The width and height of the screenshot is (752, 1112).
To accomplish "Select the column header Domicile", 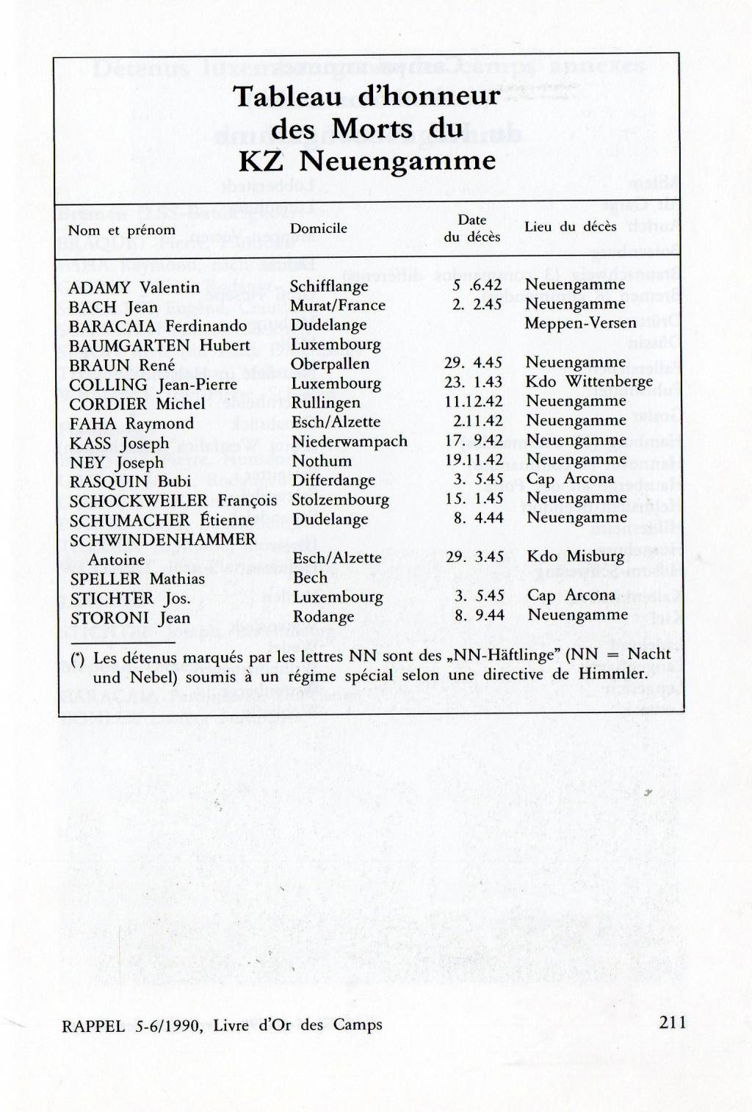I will point(318,228).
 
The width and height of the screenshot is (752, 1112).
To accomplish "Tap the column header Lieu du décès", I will point(570,227).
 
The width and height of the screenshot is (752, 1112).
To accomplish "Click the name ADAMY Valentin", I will point(134,287).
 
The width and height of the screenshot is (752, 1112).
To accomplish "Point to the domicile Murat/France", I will point(338,306).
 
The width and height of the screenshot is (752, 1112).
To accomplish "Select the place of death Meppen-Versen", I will point(580,323).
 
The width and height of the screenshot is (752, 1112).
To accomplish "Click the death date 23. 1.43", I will point(473,382).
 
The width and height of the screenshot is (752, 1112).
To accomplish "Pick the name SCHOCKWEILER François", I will point(173,500).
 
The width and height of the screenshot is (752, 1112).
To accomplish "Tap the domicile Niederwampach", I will point(350,441).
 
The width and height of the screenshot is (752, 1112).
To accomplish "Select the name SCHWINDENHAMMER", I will point(162,539).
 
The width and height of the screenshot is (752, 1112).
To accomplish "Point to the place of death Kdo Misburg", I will point(575,556).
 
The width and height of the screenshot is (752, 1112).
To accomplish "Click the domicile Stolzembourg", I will point(340,499).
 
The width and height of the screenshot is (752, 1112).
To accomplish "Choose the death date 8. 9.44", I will point(479,615).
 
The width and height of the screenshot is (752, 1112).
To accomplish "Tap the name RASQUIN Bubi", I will point(130,481).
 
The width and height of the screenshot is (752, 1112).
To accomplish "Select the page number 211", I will point(672,1022).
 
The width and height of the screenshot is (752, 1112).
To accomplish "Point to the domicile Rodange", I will point(323,617).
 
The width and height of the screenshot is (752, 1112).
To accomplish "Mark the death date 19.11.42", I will point(474,460).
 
